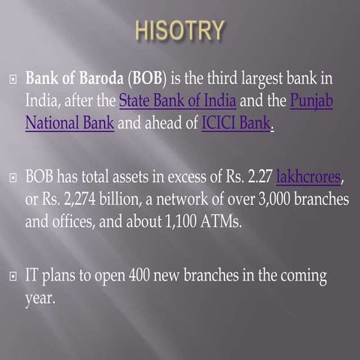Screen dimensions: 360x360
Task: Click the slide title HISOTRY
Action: (x=180, y=31)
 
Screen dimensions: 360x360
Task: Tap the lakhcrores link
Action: (x=308, y=178)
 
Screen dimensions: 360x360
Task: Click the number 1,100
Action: (x=155, y=223)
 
